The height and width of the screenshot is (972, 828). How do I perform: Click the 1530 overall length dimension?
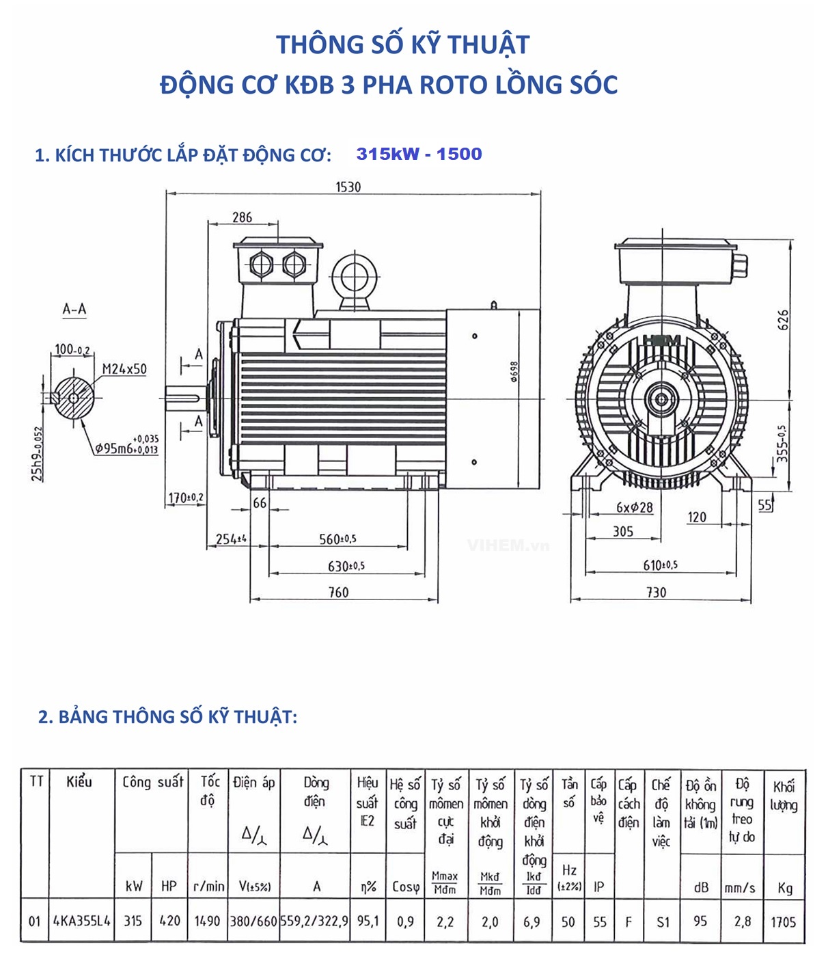[x=348, y=187]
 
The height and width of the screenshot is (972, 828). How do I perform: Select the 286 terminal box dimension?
[x=242, y=217]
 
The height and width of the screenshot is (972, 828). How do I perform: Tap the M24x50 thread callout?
[x=124, y=369]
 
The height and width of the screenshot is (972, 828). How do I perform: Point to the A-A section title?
[x=74, y=309]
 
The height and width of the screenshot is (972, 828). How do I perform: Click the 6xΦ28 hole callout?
[x=634, y=507]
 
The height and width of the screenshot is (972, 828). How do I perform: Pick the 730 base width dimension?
[x=656, y=592]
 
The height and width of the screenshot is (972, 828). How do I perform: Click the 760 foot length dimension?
[x=338, y=592]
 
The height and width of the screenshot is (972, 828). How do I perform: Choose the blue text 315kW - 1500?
[x=419, y=154]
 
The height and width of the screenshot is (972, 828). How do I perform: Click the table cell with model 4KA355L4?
[x=82, y=921]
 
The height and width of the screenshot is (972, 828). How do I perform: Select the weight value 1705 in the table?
[x=784, y=921]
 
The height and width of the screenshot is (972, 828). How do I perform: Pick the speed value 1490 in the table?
[x=207, y=921]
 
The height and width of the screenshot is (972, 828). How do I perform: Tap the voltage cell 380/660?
[x=253, y=921]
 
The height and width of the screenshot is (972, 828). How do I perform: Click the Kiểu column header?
[x=79, y=781]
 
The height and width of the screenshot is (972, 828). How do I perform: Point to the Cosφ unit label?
[x=405, y=887]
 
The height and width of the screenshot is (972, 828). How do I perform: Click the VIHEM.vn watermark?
[x=508, y=545]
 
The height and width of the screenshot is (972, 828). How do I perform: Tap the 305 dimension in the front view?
[x=622, y=531]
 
